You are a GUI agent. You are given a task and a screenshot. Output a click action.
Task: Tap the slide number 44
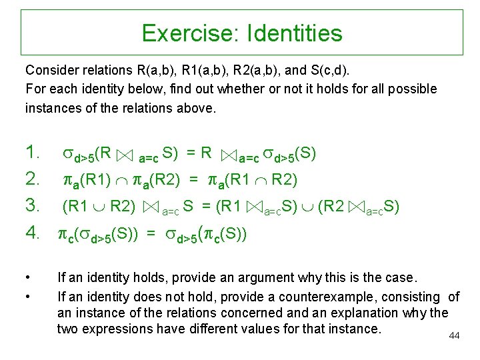[x=455, y=335]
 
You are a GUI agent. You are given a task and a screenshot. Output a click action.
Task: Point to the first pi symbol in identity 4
[x=67, y=234]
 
